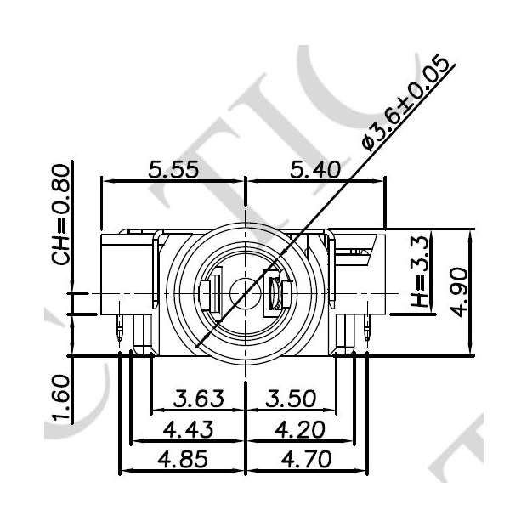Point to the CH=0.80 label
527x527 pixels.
60,214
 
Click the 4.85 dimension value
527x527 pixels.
182,459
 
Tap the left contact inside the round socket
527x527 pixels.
211,293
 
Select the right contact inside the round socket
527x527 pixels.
277,294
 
